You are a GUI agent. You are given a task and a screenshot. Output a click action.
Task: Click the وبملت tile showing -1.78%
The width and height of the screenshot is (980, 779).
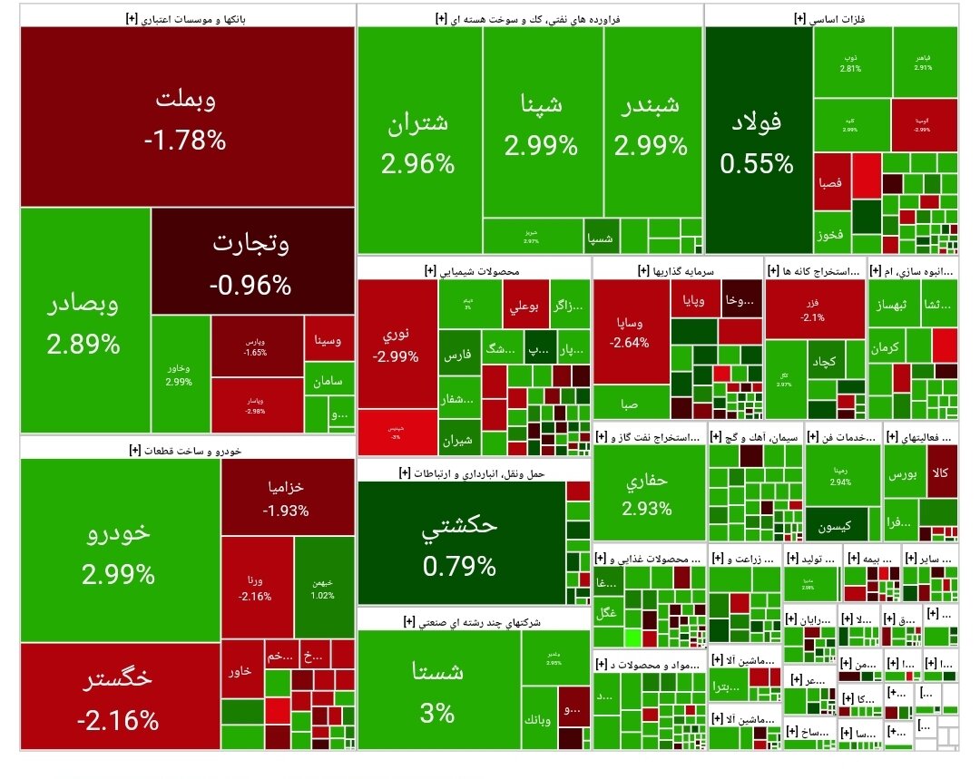(186, 118)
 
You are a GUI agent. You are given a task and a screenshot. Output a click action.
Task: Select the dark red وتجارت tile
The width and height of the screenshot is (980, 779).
(251, 263)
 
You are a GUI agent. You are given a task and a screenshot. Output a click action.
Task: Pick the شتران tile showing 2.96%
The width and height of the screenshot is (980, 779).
(418, 142)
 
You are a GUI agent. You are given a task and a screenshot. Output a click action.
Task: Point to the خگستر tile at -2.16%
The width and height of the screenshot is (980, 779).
(118, 696)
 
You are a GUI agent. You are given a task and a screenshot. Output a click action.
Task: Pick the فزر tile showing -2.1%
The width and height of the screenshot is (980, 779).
(813, 308)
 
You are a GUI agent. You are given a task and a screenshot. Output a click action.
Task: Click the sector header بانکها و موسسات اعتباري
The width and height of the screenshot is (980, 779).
(187, 17)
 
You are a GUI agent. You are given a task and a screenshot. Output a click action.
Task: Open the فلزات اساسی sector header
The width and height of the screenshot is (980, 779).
(830, 17)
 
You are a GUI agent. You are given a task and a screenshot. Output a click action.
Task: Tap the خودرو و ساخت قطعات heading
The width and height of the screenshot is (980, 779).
(186, 449)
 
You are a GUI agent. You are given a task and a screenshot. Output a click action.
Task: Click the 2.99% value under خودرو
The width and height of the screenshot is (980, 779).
(118, 574)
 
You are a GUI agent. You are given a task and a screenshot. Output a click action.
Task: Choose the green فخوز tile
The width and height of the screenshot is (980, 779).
(829, 235)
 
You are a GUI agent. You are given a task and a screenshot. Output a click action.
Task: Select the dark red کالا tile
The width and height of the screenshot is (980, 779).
(942, 472)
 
